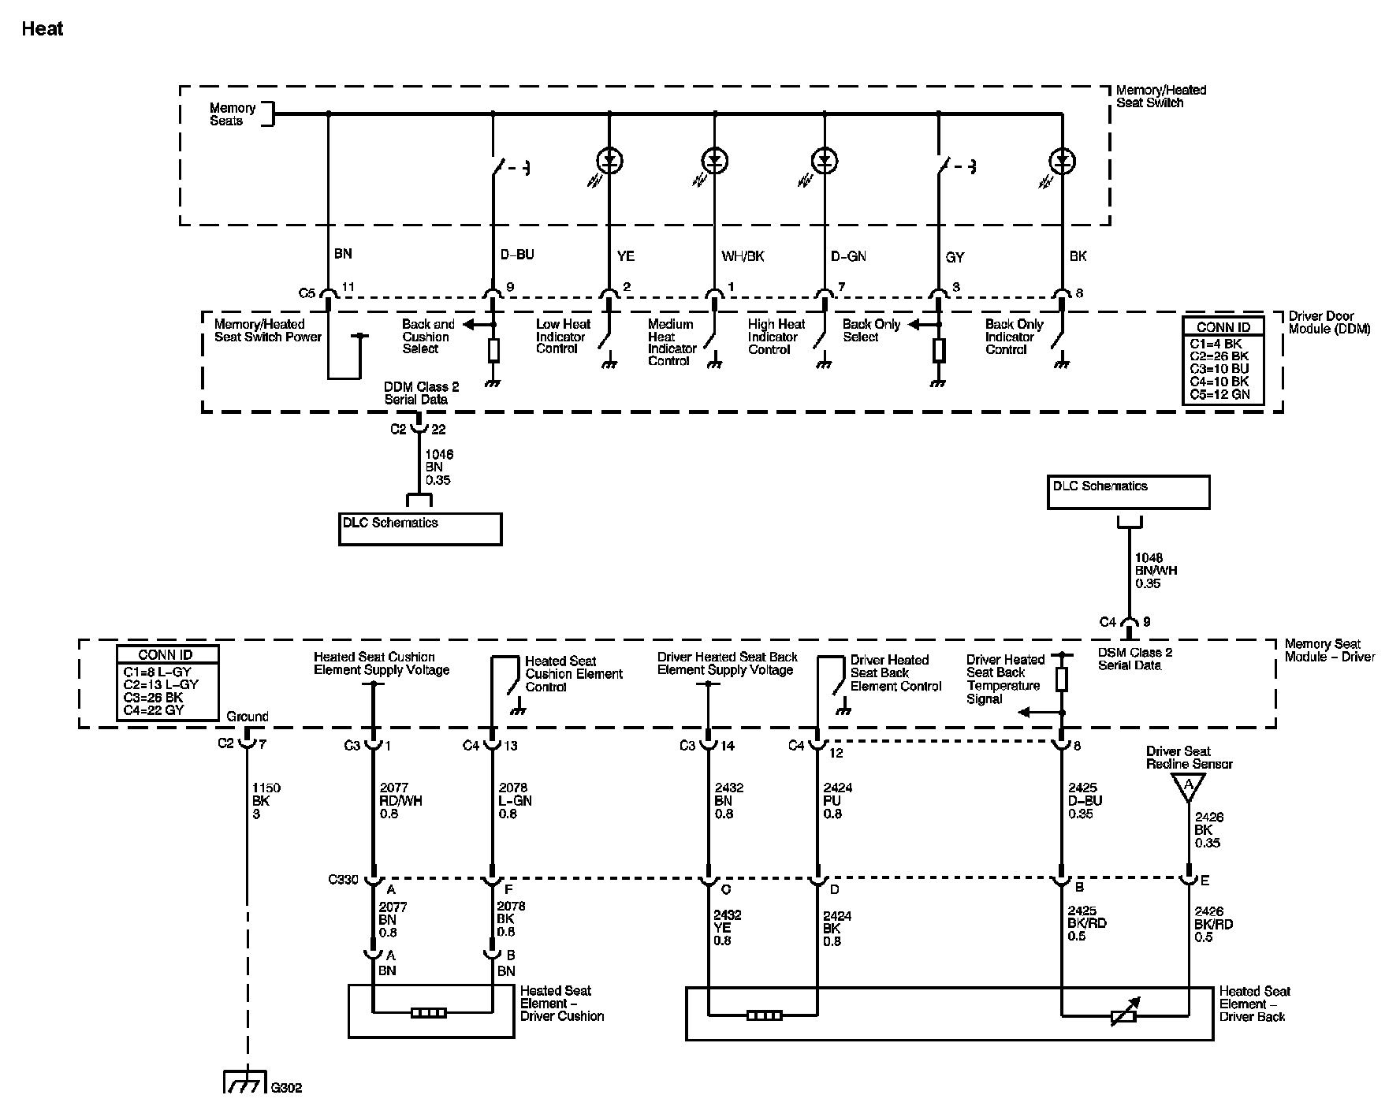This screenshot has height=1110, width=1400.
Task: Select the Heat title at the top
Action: coord(43,29)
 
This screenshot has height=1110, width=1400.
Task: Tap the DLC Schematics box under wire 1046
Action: coord(420,529)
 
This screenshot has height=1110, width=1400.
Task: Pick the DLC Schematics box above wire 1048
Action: coord(1128,492)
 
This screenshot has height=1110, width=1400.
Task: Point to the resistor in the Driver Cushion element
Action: coord(429,1013)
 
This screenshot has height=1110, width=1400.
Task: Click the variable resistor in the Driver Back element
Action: coord(1123,1012)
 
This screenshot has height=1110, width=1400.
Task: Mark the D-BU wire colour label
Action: coord(518,255)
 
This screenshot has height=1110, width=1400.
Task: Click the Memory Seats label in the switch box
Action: coord(233,114)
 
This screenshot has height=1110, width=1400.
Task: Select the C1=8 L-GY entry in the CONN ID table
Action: coord(157,672)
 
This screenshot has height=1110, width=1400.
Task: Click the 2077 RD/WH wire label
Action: coord(400,800)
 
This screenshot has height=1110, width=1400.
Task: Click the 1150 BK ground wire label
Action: coord(266,800)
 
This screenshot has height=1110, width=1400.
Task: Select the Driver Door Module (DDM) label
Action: coord(1329,322)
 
